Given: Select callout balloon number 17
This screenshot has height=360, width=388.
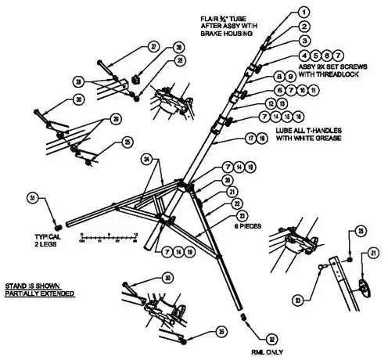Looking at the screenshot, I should click(252, 138).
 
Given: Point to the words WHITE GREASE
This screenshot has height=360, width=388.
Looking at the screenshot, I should click(314, 141).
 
